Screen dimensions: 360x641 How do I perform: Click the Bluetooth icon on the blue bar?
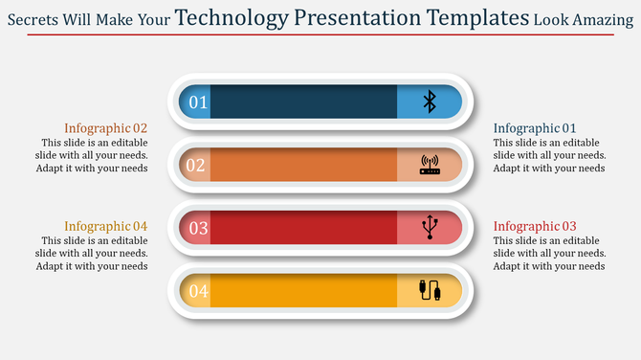click(x=430, y=101)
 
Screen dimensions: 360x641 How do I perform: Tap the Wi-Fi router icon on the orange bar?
click(x=430, y=165)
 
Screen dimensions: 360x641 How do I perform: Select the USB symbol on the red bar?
click(x=430, y=227)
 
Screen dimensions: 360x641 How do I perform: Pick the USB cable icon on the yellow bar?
click(x=430, y=290)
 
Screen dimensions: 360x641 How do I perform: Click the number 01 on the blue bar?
click(x=197, y=102)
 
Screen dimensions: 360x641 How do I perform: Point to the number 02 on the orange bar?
click(x=196, y=165)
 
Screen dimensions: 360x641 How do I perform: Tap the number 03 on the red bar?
click(x=198, y=228)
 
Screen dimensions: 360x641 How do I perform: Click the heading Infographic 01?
click(x=535, y=128)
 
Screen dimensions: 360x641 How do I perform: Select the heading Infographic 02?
click(x=106, y=128)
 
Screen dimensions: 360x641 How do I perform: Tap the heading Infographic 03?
click(x=535, y=226)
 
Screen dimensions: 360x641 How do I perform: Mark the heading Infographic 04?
click(x=106, y=226)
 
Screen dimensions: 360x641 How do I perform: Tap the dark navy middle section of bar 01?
click(x=303, y=101)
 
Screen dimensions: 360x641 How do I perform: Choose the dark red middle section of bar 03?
click(x=303, y=228)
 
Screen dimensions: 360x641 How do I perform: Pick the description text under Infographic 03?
click(x=549, y=254)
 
